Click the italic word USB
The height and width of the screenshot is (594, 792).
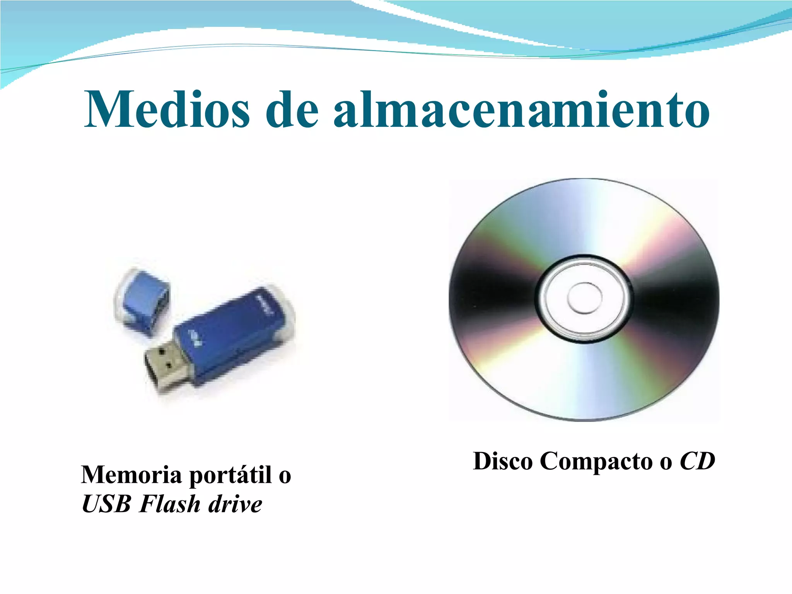coord(106,504)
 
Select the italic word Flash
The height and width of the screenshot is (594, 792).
coord(170,504)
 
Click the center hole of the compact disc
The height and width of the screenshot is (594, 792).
coord(584,298)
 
